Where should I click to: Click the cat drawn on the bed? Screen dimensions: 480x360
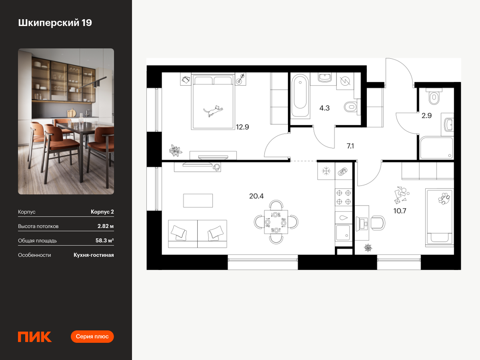(x=213, y=111)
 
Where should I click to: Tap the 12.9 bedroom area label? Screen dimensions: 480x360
(x=242, y=127)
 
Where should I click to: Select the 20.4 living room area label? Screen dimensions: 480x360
(x=256, y=196)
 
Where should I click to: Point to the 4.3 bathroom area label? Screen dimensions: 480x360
(x=324, y=108)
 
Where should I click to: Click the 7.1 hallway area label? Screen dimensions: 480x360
(x=350, y=146)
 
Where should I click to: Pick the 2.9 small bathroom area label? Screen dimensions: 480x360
(x=426, y=116)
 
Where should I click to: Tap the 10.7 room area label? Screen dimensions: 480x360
(x=400, y=211)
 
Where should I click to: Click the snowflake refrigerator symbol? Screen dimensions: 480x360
(x=326, y=171)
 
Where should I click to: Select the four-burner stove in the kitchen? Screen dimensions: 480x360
(x=344, y=197)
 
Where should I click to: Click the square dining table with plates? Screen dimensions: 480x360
(x=276, y=222)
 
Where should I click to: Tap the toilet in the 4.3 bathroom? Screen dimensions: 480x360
(x=351, y=107)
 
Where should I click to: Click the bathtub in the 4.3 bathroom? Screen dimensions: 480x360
(x=300, y=96)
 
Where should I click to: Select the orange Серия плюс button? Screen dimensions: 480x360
(x=92, y=336)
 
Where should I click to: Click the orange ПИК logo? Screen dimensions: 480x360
(x=35, y=337)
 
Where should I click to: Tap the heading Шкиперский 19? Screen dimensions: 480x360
(x=55, y=23)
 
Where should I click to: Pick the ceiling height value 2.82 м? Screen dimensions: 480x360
(x=106, y=226)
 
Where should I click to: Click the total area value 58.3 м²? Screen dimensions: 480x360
(x=104, y=240)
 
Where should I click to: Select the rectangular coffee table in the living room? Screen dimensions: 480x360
(x=198, y=200)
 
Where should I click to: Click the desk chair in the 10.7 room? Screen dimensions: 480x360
(x=378, y=223)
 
